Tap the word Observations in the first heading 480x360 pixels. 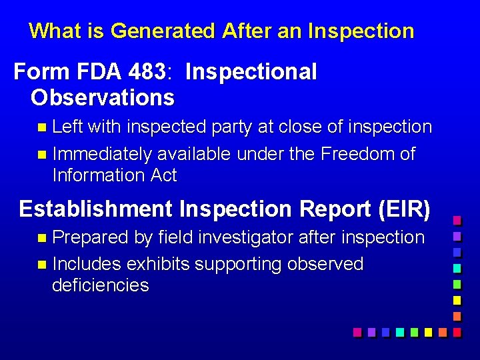[x=102, y=97]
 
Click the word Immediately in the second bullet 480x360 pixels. [x=101, y=154]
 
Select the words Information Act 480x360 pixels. [x=114, y=175]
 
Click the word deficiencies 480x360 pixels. [x=100, y=285]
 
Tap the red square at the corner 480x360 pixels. [x=457, y=331]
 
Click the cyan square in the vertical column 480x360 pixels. [x=457, y=268]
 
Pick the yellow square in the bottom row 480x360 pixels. [x=428, y=331]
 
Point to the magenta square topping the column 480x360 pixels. [x=457, y=220]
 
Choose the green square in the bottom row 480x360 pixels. [x=414, y=331]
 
